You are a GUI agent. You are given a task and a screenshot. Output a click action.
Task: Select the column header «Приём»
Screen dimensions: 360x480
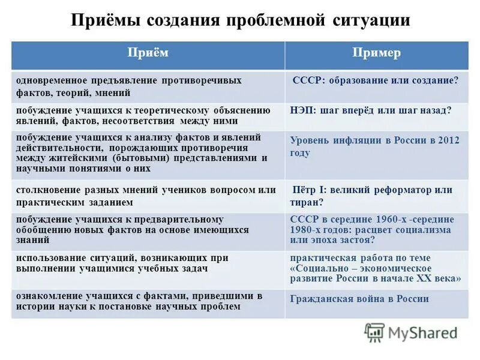coord(148,53)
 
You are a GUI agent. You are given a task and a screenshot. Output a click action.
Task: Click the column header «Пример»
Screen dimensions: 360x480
coord(377,53)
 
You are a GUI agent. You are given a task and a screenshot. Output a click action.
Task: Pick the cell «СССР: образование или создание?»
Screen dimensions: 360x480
coord(375,80)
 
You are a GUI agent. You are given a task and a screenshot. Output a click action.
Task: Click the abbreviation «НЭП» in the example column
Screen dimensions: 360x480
coord(301,110)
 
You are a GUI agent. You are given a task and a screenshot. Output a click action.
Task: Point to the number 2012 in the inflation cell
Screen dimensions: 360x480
coord(448,140)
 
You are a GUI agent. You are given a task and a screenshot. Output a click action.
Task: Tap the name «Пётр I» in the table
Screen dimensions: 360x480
coord(310,190)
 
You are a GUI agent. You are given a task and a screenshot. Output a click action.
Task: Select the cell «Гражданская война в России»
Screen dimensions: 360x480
coord(359,299)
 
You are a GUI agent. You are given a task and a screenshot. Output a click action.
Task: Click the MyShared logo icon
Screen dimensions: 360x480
coord(374,332)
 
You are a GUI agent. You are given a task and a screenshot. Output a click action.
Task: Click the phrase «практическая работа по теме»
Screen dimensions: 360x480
coord(360,257)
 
